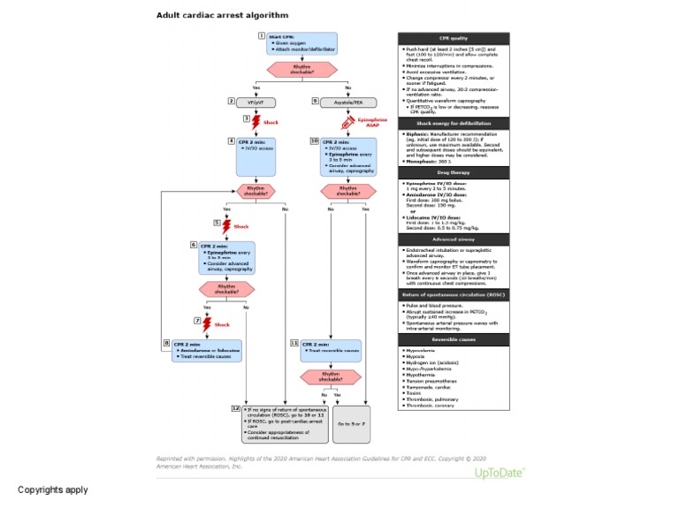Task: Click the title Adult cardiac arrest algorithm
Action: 222,15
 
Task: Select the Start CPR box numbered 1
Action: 301,44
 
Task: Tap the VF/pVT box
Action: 256,102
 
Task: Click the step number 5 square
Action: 217,224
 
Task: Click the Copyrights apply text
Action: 53,490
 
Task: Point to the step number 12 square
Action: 234,409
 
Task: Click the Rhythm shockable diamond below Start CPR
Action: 301,69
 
